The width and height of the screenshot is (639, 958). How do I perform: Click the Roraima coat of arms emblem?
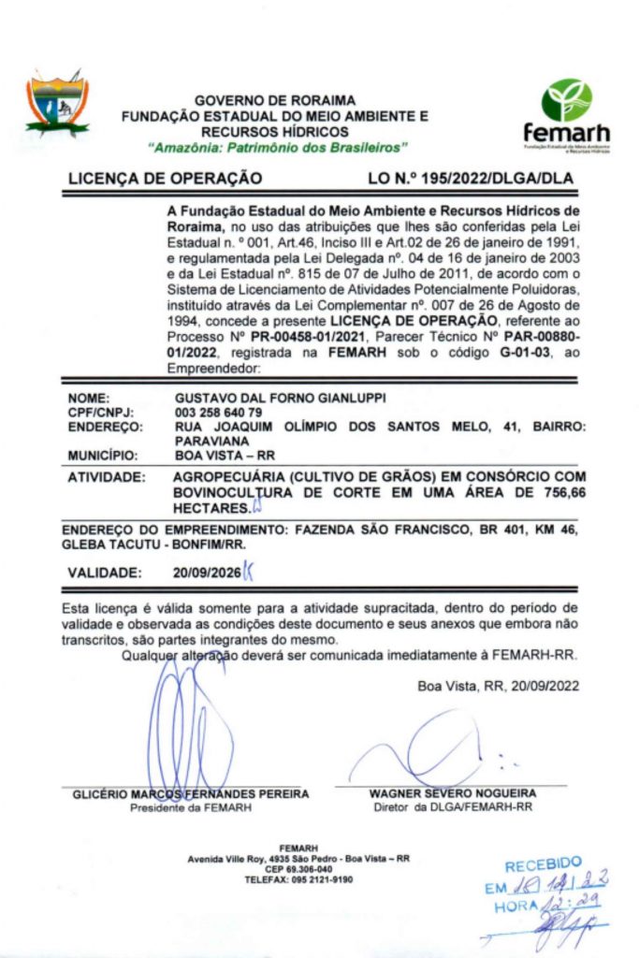click(x=58, y=104)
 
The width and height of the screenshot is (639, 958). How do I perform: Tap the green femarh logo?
click(x=566, y=115)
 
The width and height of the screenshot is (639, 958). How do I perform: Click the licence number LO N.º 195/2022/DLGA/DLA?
click(x=471, y=177)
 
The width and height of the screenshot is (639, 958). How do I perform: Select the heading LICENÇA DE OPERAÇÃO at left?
click(x=165, y=177)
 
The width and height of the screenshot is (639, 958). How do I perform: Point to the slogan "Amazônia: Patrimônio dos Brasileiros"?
click(x=279, y=148)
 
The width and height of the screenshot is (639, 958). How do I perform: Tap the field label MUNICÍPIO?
click(x=103, y=456)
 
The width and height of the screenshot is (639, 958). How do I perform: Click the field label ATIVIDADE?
click(x=106, y=478)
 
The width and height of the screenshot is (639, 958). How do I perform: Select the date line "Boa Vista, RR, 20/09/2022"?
click(x=498, y=686)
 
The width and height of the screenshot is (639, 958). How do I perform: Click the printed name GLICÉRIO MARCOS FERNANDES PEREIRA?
click(x=191, y=794)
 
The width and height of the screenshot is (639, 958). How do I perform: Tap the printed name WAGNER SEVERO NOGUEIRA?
click(x=452, y=793)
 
